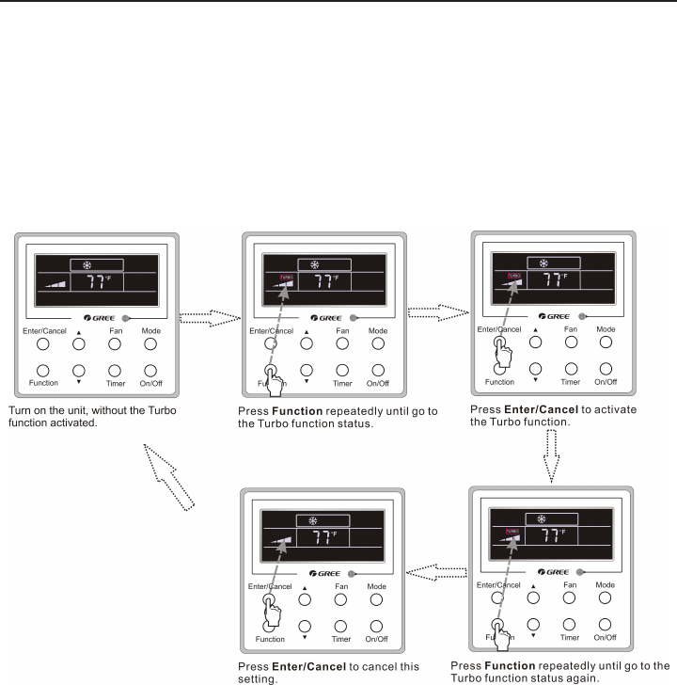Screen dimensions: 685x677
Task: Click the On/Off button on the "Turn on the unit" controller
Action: coord(152,369)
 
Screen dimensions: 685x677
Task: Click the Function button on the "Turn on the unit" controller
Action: coord(43,369)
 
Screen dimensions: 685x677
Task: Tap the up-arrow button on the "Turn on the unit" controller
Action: coord(79,345)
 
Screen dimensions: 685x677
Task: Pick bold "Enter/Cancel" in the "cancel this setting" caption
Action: coord(307,664)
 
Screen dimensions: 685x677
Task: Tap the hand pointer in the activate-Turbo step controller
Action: coord(504,355)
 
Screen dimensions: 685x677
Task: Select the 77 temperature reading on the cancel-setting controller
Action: coord(323,538)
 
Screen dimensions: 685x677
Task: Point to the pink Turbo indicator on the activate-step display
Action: coord(513,276)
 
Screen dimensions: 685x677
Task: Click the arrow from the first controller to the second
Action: coord(209,319)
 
